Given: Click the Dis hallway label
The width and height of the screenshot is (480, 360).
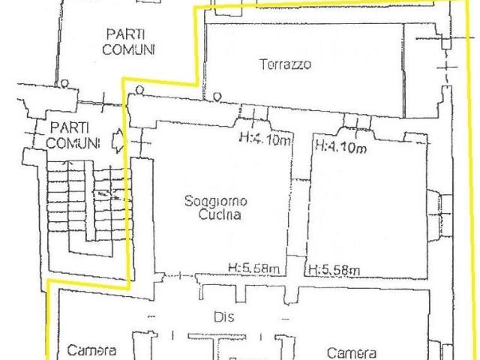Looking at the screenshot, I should click(223, 317).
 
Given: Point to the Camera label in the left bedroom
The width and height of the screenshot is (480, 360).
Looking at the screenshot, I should click(91, 349).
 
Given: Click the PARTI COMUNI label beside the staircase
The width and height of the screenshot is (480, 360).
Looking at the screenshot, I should click(73, 135).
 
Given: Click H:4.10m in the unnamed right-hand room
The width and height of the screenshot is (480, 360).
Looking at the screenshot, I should click(341, 146).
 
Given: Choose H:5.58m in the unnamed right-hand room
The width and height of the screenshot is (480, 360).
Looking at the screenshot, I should click(334, 270).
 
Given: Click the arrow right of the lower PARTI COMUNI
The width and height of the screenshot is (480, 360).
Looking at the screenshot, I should click(117, 140).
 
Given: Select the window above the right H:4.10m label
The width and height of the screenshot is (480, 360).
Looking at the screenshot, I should click(354, 122).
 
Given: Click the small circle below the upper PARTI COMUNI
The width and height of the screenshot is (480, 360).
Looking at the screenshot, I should click(66, 83).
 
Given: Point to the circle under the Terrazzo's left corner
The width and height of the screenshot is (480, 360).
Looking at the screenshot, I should click(216, 96).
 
